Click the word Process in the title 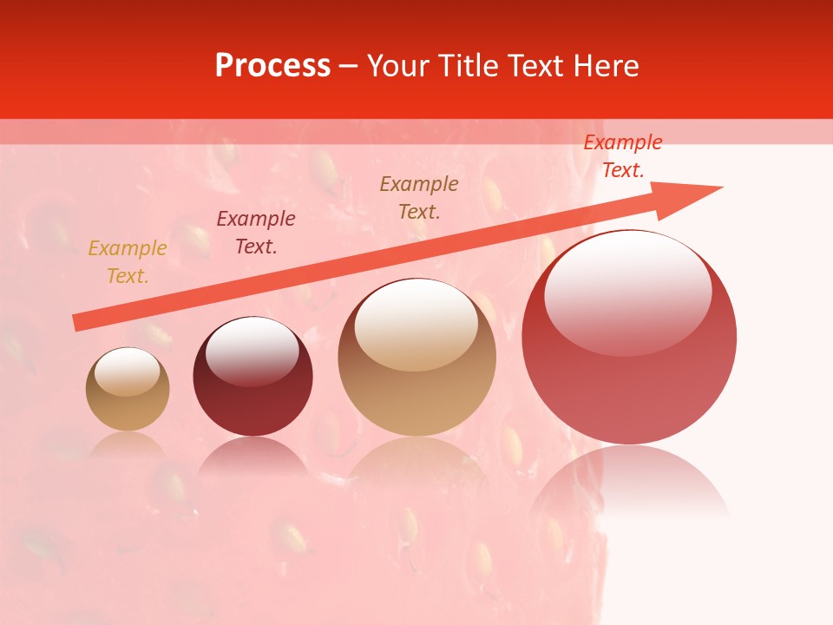coord(272,66)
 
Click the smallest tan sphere coord(128,390)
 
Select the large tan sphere coord(416,358)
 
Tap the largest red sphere coord(629,339)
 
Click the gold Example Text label coord(128,262)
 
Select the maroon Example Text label coord(256,233)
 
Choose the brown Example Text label coord(419,197)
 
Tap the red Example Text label coord(622,156)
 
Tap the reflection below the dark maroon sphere coord(253,456)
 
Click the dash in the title coord(349,66)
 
